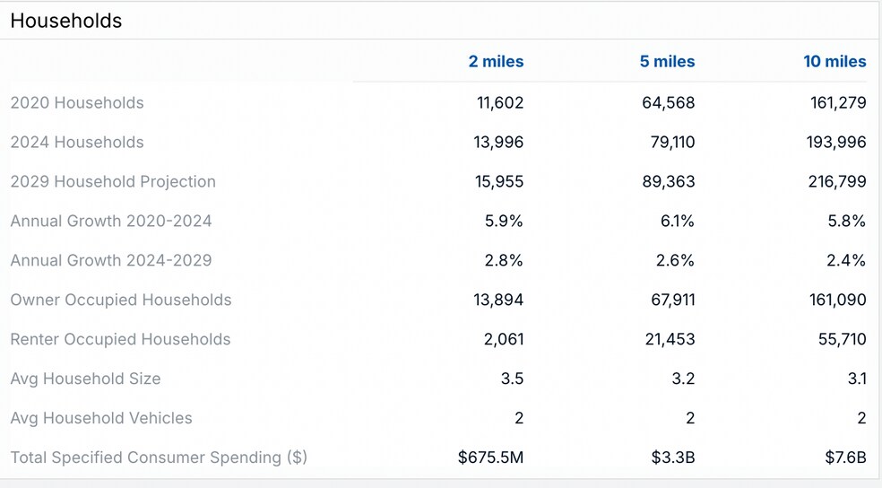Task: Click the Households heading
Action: (66, 21)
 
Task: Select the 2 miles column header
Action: (496, 62)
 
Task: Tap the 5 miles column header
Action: (667, 62)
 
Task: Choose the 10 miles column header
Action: (834, 62)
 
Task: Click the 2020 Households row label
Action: (77, 103)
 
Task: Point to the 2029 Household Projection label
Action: (113, 182)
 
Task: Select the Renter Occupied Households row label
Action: (120, 340)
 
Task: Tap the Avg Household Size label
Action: (85, 379)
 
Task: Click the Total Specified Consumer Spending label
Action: (159, 458)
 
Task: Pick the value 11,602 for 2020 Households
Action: (500, 103)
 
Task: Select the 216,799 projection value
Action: (838, 182)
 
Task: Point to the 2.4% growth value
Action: (847, 261)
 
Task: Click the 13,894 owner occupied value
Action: (498, 301)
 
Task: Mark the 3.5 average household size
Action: (512, 379)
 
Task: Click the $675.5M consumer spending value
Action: (490, 458)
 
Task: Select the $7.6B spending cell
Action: (846, 458)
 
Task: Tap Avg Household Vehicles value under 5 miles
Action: (689, 419)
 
